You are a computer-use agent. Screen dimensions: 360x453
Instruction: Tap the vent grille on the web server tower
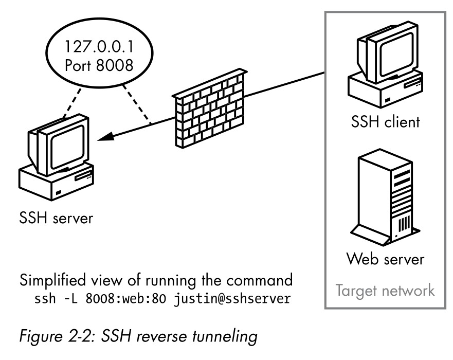point(405,225)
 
